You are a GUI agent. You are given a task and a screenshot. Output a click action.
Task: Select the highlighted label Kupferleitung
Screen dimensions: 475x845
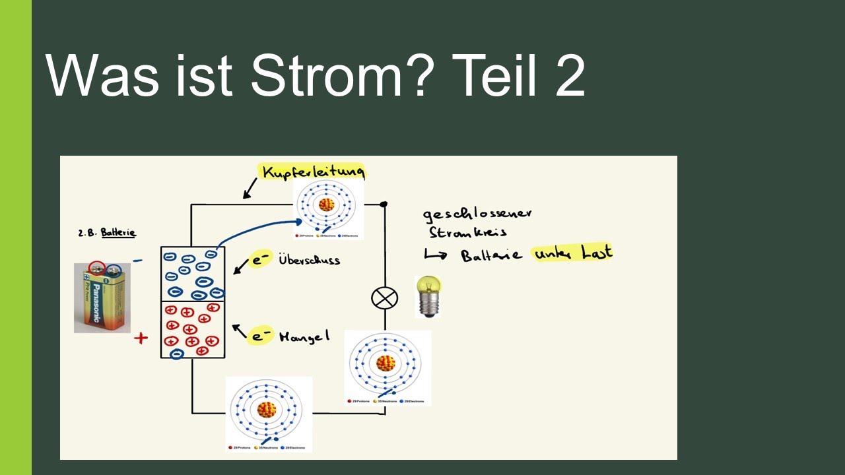tap(313, 172)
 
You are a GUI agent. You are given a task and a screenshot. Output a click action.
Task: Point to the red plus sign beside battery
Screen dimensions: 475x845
tap(141, 338)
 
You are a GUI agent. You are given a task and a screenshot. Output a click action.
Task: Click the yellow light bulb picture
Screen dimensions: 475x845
tap(428, 296)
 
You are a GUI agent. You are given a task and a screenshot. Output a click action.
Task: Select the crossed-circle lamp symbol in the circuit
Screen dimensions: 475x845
tap(384, 298)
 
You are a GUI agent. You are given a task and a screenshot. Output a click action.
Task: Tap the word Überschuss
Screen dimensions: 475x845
tap(309, 260)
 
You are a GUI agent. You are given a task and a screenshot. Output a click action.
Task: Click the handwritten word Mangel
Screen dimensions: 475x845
tap(304, 336)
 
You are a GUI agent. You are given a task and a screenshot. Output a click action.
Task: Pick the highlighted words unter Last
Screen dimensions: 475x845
tap(573, 253)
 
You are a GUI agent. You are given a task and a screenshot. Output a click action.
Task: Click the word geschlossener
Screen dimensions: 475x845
tap(477, 214)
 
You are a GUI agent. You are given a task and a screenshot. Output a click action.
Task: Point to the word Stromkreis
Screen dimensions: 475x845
tap(467, 233)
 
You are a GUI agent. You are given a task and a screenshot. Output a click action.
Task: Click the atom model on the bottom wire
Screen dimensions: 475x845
tap(267, 411)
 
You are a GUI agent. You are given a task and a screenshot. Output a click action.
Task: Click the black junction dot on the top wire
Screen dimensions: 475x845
tap(384, 205)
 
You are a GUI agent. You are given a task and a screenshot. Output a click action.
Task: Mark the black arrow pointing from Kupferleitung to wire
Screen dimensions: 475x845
tap(250, 189)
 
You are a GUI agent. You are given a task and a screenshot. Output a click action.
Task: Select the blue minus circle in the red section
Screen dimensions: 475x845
tap(176, 354)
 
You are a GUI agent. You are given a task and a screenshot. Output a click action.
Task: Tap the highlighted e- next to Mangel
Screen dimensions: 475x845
tap(261, 336)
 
